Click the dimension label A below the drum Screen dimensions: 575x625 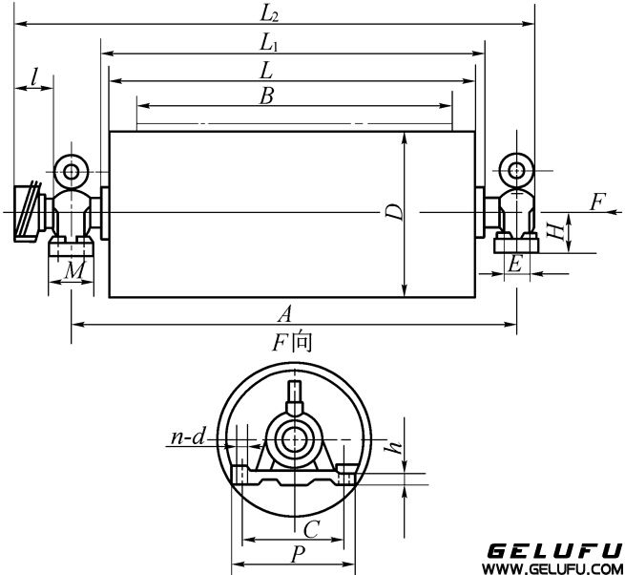point(283,313)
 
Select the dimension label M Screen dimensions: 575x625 point(73,273)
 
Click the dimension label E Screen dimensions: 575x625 point(515,265)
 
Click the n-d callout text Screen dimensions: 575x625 point(189,438)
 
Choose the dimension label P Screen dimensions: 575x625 point(299,554)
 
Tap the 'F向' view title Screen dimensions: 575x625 point(294,341)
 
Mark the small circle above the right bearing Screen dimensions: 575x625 point(516,170)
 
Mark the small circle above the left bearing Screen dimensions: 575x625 point(72,171)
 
